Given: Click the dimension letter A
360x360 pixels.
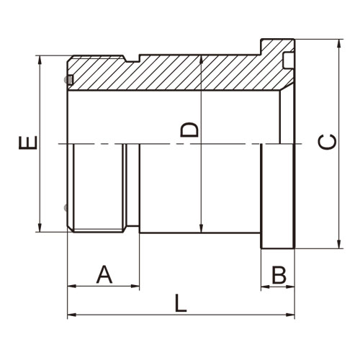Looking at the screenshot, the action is pos(104,274).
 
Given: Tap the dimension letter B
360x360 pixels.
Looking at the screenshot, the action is pos(279,274).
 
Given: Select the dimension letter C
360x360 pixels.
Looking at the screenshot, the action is pos(327,142).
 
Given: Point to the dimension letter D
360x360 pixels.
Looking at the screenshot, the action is pos(189,130).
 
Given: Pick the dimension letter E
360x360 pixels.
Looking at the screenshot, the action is pos(28,143).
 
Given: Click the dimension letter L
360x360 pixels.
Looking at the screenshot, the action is pos(180,303).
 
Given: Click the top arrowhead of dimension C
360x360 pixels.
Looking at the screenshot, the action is pos(339,43).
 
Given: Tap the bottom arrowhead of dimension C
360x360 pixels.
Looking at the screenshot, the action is pos(339,244).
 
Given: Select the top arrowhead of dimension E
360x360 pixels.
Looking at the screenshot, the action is pos(40,60).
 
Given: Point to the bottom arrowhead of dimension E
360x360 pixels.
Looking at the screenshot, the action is pos(40,228).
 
